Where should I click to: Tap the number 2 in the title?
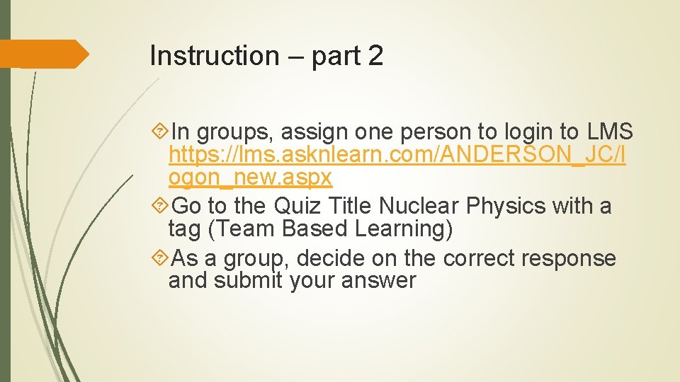coord(375,56)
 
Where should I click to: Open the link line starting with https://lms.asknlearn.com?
coord(397,155)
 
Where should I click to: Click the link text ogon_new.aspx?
coord(250,178)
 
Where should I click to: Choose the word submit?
coord(252,281)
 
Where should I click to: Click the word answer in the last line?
coord(378,281)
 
